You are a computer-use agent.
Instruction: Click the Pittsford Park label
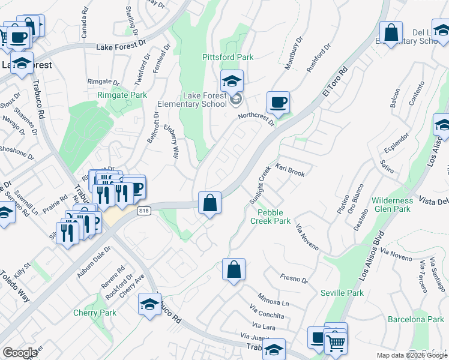[228, 57]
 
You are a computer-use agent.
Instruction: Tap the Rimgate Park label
[122, 95]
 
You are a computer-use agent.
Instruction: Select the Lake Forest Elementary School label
[197, 100]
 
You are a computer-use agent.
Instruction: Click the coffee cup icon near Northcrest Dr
[278, 103]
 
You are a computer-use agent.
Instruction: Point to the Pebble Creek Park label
[274, 217]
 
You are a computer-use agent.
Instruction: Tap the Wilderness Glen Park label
[391, 205]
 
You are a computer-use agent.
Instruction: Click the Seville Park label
[342, 293]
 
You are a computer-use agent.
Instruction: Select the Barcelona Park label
[415, 319]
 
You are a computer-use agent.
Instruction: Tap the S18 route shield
[143, 211]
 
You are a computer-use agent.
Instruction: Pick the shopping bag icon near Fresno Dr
[234, 269]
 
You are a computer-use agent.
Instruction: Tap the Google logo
[20, 353]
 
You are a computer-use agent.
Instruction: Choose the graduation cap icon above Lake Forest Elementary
[232, 80]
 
